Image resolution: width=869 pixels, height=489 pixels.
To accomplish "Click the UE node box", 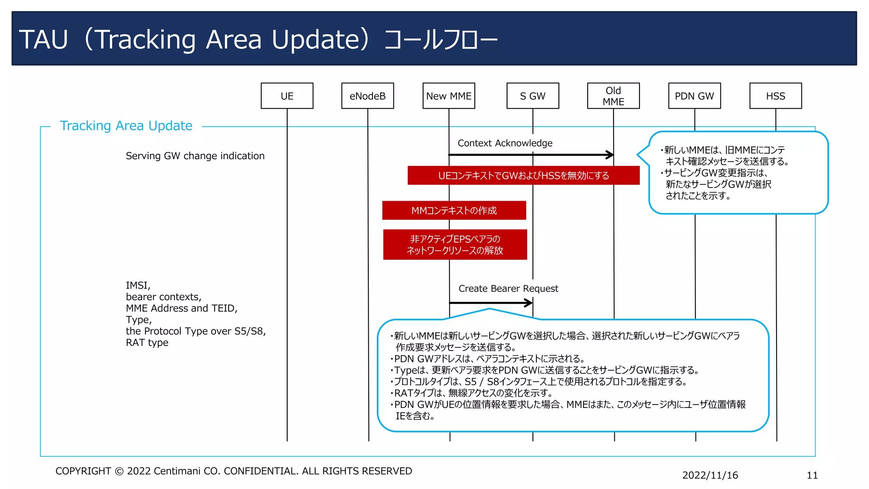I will point(287,96).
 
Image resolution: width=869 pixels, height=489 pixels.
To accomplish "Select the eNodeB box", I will point(367,96).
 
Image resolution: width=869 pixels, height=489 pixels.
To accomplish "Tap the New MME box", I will point(449,96).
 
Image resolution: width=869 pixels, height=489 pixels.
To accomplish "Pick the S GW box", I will point(533,96).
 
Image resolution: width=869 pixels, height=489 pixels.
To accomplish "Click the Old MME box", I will point(613,96).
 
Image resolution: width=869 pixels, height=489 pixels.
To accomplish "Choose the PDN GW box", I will point(694,96).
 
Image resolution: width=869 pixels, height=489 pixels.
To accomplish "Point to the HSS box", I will point(775,96).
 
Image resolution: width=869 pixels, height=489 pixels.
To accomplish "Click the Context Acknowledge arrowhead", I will point(610,155).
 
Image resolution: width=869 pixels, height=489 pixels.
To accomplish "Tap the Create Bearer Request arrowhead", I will point(529,303).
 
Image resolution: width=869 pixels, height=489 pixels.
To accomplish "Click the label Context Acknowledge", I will point(505,143).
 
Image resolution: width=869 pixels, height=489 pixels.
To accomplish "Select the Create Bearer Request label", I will point(508,289).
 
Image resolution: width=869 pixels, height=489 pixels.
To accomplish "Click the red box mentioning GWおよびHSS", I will point(523,175).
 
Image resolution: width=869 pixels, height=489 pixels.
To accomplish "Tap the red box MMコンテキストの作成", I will point(454,211).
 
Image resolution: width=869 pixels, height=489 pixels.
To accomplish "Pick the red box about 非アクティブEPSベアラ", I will point(455,244).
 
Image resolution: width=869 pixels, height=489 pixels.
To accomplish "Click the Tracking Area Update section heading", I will point(126,126).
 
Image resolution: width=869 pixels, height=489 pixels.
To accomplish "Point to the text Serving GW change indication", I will point(195,156).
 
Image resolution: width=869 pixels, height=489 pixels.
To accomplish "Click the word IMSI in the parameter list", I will point(137,285).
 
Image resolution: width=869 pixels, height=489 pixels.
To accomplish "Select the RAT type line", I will point(147,343).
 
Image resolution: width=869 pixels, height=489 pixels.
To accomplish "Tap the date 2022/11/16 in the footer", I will point(710,475).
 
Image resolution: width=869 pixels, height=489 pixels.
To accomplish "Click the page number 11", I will point(812,475).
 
